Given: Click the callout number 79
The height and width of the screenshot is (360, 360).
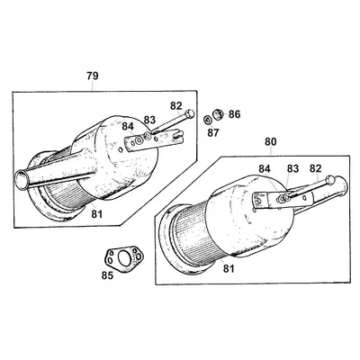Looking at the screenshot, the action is click(93, 76).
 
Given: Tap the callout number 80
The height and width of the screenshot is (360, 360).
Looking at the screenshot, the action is click(271, 141).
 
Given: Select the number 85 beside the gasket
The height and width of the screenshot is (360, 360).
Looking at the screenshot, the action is click(107, 275).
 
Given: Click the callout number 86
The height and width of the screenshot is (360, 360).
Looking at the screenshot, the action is click(234, 114).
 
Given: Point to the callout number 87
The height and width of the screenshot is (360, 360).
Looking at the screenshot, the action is click(213, 132).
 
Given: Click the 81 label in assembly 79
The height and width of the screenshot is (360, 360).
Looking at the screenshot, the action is click(97, 214).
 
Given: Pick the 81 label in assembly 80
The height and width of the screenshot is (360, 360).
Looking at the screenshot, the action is click(229, 268).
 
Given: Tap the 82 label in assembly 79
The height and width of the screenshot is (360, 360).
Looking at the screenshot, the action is click(176, 106).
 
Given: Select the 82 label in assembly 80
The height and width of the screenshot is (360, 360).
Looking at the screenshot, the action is click(315, 168).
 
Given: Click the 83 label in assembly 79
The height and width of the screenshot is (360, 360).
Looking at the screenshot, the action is click(149, 120).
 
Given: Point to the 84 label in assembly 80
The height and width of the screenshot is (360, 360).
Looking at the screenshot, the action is click(265, 169).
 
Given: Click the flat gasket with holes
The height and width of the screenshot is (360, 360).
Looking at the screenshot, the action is click(123, 258).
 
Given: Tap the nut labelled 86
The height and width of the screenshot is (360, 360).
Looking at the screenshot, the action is click(219, 114).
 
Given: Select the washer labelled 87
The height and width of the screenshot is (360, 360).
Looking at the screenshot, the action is click(208, 120).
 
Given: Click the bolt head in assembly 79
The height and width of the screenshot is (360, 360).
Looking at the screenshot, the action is click(190, 114).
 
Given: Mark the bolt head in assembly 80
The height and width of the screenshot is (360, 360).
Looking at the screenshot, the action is click(329, 180).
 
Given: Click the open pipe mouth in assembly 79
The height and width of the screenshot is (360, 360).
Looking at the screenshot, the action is click(22, 179).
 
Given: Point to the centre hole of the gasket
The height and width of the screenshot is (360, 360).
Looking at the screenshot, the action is click(122, 258).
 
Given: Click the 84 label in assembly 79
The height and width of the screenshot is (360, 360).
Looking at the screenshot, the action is click(128, 127).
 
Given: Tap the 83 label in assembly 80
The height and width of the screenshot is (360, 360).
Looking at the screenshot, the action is click(292, 169).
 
